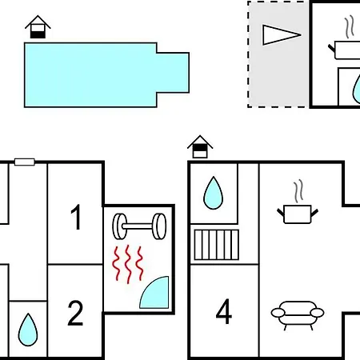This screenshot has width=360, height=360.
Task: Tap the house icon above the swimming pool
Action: [38, 27]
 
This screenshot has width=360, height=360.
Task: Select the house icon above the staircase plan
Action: [200, 147]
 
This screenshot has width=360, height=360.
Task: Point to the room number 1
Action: [76, 217]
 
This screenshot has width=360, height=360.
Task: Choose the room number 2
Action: [75, 313]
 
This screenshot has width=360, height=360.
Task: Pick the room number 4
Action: [223, 311]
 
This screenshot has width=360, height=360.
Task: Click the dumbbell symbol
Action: [139, 226]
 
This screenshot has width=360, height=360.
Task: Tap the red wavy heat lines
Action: [128, 264]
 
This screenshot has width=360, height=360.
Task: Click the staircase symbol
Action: [217, 245]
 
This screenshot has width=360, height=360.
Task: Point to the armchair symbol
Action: [298, 314]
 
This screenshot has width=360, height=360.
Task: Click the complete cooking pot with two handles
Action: [298, 214]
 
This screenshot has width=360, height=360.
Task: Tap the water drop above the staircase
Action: [213, 193]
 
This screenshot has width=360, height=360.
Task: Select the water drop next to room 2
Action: [28, 330]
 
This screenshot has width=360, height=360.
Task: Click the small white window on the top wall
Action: [25, 162]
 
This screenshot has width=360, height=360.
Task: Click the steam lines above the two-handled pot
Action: [298, 191]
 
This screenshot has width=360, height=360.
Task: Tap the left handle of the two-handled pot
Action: [281, 212]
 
